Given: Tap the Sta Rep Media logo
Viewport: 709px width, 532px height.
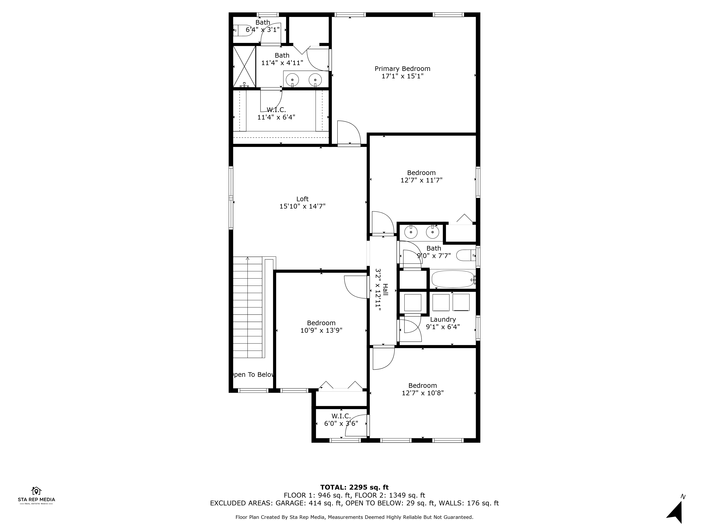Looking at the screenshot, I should pos(36,496).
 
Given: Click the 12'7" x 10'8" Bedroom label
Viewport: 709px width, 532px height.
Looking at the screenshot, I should pos(422,386).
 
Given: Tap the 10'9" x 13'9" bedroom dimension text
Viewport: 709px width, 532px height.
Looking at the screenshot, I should pos(321,331).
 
